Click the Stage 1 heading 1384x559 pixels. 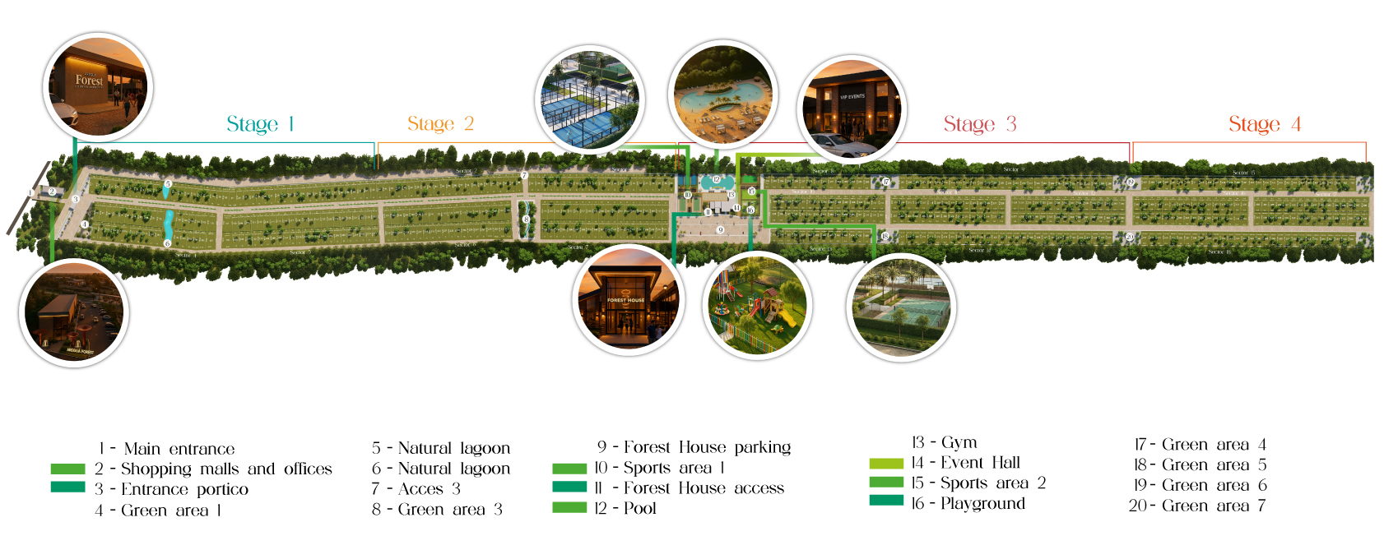point(260,124)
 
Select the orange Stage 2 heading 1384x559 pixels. point(440,123)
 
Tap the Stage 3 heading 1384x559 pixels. point(979,124)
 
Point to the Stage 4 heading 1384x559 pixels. point(1264,124)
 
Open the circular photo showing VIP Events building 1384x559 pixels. point(852,108)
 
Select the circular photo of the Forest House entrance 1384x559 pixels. point(627,300)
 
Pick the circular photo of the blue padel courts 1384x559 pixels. point(589,99)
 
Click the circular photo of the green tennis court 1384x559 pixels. point(901,307)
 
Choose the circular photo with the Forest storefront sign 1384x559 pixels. point(98,86)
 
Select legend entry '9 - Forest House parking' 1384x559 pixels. point(694,447)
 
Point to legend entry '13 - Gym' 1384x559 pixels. point(944,442)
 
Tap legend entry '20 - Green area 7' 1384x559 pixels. point(1197,506)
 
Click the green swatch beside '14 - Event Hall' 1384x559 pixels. point(886,463)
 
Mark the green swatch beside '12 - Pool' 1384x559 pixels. point(569,508)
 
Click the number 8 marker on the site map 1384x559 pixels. point(526,219)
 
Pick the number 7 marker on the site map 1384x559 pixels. point(524,175)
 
